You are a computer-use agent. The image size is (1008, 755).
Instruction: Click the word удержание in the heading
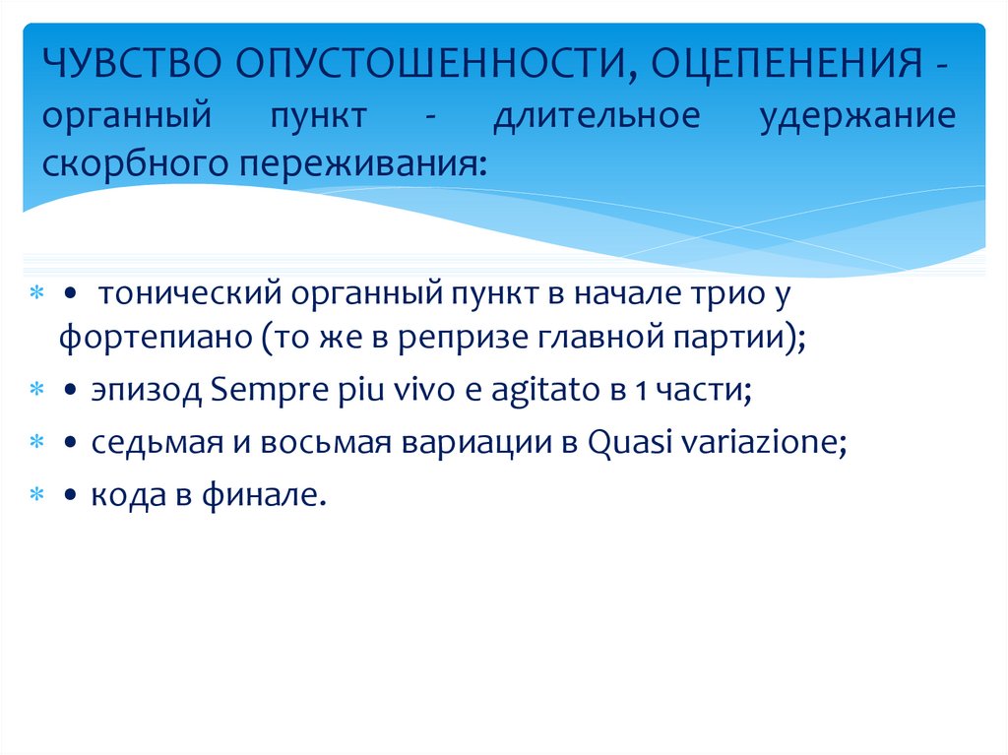(x=856, y=117)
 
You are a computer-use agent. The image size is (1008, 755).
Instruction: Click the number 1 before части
(x=612, y=391)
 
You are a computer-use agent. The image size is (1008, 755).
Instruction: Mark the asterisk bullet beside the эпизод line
(x=35, y=393)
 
